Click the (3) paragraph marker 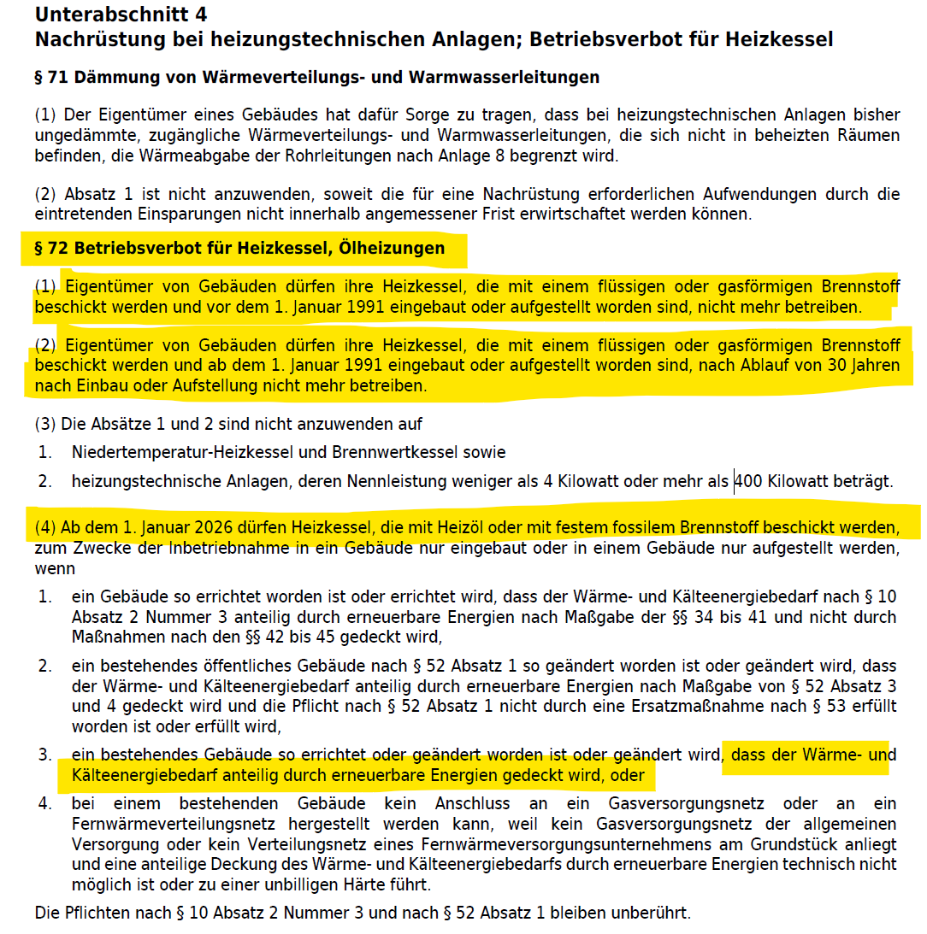coord(44,424)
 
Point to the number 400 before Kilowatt coord(749,482)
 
